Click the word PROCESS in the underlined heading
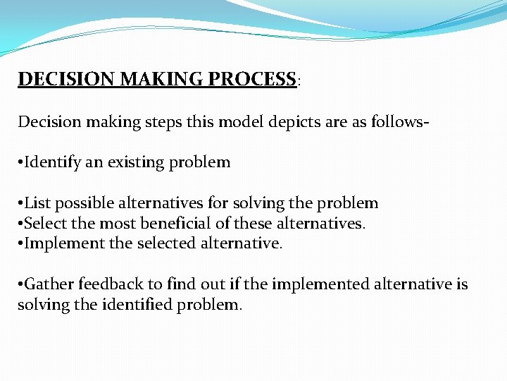pyautogui.click(x=252, y=79)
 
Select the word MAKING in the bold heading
pyautogui.click(x=163, y=79)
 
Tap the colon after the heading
pyautogui.click(x=299, y=81)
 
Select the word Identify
pyautogui.click(x=53, y=163)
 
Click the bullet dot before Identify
pyautogui.click(x=20, y=163)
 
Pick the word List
pyautogui.click(x=37, y=203)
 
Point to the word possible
pyautogui.click(x=80, y=204)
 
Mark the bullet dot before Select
pyautogui.click(x=20, y=224)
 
